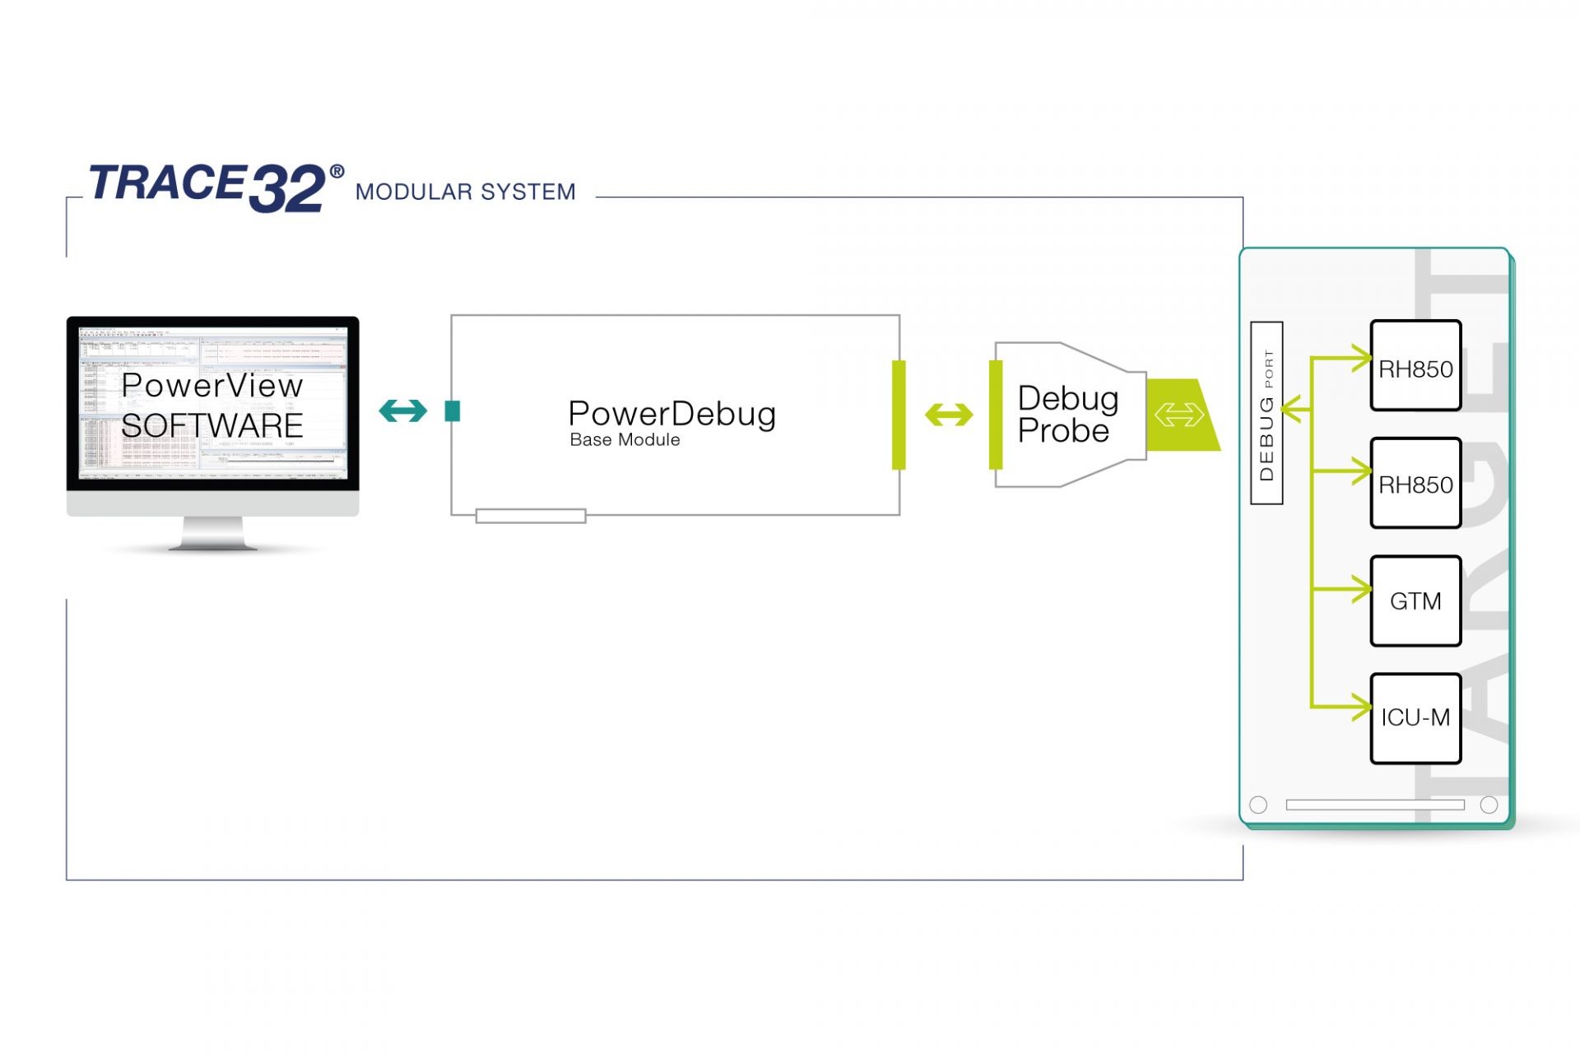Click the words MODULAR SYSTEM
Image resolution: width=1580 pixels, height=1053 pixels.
tap(465, 193)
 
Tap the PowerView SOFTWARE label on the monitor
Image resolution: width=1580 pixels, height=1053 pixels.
tap(212, 406)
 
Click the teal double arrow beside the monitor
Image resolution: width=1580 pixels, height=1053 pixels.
tap(402, 411)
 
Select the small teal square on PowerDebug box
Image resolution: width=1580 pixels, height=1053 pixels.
tap(452, 411)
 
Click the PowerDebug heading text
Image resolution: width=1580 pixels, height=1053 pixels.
tap(671, 414)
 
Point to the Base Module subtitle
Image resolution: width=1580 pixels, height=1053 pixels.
tap(625, 440)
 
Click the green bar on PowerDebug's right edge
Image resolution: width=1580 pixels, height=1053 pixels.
tap(899, 415)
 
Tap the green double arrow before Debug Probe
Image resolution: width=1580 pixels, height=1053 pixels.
tap(949, 415)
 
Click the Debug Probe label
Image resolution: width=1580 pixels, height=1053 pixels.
tap(1067, 415)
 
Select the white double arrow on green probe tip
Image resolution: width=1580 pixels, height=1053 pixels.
tap(1178, 415)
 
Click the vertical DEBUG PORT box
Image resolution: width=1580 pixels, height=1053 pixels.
tap(1266, 413)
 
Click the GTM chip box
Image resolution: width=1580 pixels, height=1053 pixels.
tap(1415, 601)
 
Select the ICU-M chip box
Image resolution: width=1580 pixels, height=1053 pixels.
tap(1415, 718)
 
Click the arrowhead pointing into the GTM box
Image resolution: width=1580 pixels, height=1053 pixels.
tap(1363, 590)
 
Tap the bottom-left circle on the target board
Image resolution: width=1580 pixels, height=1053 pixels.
tap(1258, 805)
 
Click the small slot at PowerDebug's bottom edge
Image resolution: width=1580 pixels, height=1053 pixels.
tap(531, 516)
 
